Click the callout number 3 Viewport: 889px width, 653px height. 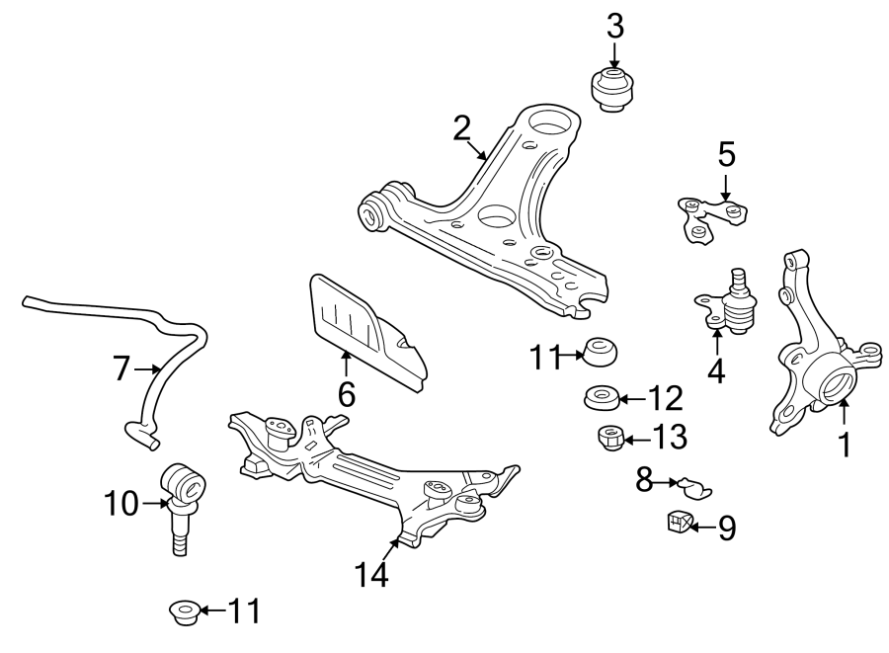click(x=615, y=27)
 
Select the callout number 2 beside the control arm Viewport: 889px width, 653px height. click(x=461, y=127)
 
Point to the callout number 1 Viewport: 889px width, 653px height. click(x=845, y=446)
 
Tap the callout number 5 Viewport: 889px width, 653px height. click(x=726, y=154)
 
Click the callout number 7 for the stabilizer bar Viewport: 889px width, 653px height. click(x=121, y=369)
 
